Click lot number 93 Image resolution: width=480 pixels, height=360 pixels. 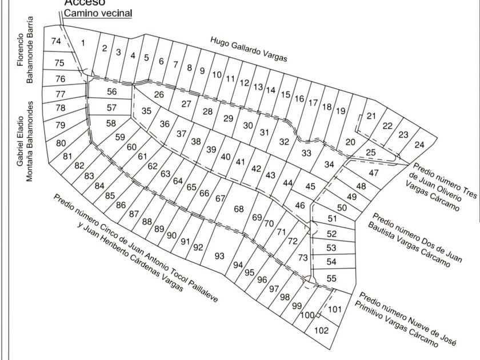click(x=219, y=255)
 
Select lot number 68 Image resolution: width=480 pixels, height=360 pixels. click(x=239, y=209)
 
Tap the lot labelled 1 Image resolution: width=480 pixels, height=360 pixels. click(x=83, y=42)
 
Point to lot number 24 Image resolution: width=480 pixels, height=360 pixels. click(x=419, y=145)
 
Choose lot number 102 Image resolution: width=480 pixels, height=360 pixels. click(x=322, y=330)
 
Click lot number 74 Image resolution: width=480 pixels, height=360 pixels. click(x=55, y=41)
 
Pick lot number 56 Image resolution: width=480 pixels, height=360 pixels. click(x=111, y=91)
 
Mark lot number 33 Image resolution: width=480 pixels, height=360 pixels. click(x=306, y=153)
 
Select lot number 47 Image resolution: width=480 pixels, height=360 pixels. click(x=374, y=173)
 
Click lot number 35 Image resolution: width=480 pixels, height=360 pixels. click(x=147, y=111)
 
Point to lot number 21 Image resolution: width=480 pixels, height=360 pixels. click(x=371, y=116)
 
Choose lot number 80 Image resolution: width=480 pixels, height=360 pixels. click(x=61, y=143)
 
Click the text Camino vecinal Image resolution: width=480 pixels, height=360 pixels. click(x=98, y=13)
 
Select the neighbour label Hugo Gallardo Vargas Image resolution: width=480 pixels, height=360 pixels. click(x=249, y=49)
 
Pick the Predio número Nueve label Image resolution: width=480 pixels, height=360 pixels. click(x=406, y=319)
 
